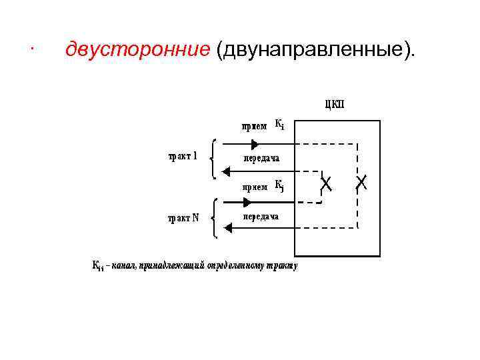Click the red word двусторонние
click(x=137, y=49)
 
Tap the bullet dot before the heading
click(x=32, y=49)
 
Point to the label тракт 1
click(x=181, y=157)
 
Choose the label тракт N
click(x=183, y=217)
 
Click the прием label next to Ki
click(x=254, y=126)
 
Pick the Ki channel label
click(x=280, y=125)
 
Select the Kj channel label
click(x=280, y=186)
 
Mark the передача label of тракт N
click(x=261, y=217)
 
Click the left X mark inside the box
click(x=327, y=182)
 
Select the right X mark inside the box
click(x=361, y=182)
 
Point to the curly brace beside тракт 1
click(x=213, y=158)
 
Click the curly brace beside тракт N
click(x=213, y=217)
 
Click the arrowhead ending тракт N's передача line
click(x=228, y=228)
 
